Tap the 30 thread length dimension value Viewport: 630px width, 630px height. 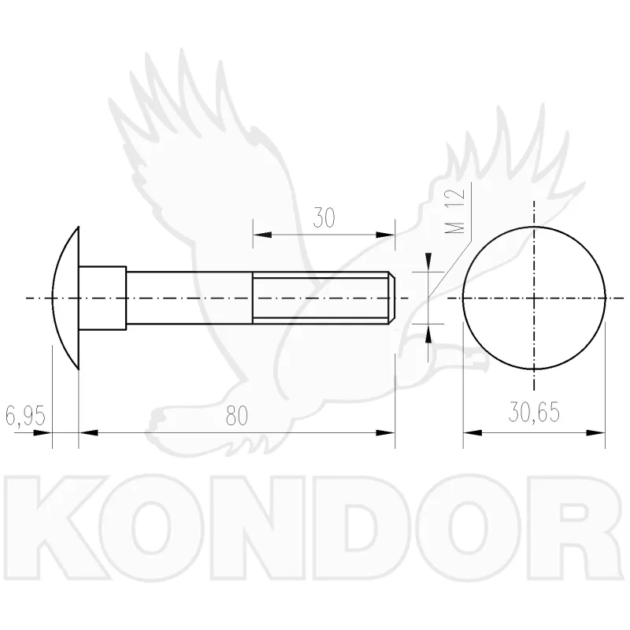(324, 217)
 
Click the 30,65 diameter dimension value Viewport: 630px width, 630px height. (534, 412)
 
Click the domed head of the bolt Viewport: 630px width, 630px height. (66, 298)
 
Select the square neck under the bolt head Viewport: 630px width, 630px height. (102, 298)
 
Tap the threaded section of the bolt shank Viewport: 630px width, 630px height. (321, 298)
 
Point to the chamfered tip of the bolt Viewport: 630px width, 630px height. (391, 298)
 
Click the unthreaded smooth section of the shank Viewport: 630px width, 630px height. (189, 298)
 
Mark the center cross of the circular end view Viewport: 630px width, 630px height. (534, 298)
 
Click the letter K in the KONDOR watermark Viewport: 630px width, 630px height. (57, 528)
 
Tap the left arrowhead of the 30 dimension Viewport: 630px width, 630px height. (262, 235)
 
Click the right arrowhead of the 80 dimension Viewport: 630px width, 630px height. (385, 433)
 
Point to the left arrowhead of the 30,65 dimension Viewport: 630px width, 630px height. (473, 433)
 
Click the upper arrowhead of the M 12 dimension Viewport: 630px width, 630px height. (428, 262)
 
